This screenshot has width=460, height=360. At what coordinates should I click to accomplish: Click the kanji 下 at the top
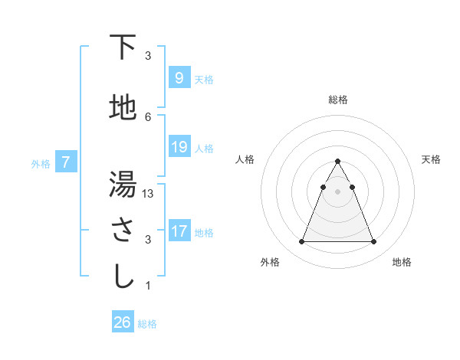tap(123, 47)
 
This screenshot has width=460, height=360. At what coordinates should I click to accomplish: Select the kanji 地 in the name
tap(123, 108)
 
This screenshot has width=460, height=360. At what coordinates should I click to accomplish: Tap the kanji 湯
tap(123, 184)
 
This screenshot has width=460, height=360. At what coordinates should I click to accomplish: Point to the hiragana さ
tap(123, 230)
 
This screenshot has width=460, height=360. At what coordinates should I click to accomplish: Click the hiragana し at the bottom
tap(123, 277)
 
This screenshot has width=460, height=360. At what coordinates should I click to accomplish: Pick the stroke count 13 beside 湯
tap(149, 194)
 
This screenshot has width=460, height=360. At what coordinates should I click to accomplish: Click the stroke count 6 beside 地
tap(148, 116)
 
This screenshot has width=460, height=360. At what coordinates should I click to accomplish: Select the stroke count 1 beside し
tap(148, 286)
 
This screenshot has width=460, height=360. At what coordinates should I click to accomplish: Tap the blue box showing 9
tap(179, 78)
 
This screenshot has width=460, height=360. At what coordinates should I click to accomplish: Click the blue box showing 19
tap(179, 147)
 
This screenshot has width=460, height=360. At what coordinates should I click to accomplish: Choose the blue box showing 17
tap(179, 231)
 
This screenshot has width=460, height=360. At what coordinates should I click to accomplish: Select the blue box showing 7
tap(66, 162)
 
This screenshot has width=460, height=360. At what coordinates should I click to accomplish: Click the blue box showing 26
tap(123, 322)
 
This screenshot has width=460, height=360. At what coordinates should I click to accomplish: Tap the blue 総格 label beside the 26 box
tap(147, 324)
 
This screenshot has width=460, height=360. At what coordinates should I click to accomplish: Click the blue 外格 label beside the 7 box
tap(41, 163)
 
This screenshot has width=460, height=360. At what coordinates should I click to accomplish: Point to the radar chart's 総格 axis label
tap(337, 100)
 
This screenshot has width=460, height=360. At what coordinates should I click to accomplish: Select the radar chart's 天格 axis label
tap(431, 159)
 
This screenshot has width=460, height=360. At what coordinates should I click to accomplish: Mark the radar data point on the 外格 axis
tap(301, 242)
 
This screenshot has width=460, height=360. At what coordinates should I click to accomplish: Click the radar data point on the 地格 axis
tap(373, 242)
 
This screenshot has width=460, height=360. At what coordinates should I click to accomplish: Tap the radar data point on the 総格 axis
tap(337, 162)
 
